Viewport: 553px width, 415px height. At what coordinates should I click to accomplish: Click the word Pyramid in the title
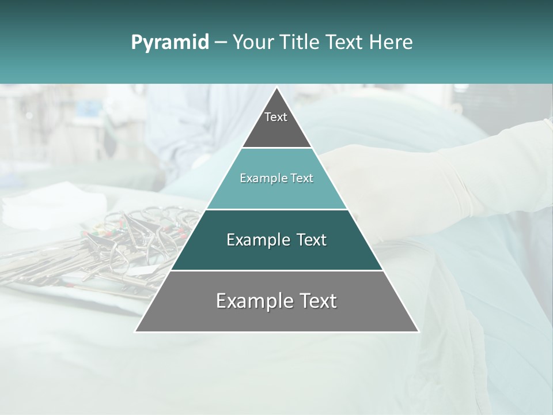click(x=170, y=42)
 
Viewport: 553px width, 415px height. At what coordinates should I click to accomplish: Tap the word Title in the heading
click(x=300, y=42)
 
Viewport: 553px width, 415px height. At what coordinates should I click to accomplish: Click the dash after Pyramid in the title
click(x=221, y=43)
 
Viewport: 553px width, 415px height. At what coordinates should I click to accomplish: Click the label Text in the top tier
click(x=276, y=117)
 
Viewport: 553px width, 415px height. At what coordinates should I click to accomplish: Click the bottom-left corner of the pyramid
click(x=135, y=331)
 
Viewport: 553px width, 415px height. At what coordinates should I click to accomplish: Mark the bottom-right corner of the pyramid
click(x=418, y=331)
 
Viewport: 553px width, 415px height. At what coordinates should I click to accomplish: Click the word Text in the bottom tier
click(x=317, y=301)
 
